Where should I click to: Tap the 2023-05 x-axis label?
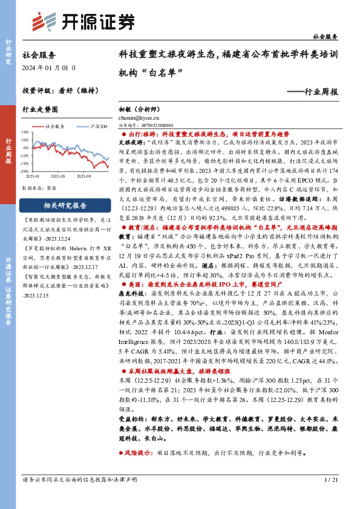pyautogui.click(x=58, y=176)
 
